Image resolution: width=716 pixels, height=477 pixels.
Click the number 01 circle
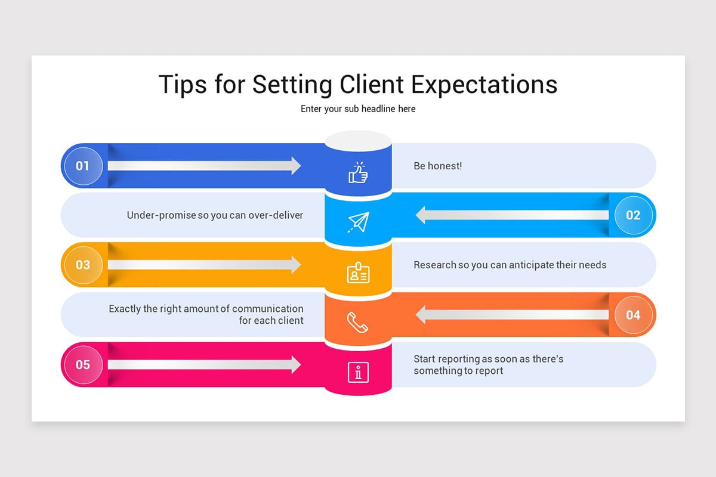(83, 166)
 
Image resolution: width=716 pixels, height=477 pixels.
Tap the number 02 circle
(633, 215)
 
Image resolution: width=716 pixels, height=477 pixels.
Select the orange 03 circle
(83, 265)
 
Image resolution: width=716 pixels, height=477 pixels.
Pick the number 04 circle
(633, 315)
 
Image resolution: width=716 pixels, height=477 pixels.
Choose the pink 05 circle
(83, 364)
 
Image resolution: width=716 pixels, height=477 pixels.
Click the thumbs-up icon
(358, 172)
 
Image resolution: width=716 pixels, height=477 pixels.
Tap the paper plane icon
(359, 222)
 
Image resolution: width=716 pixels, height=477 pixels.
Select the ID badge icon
(359, 272)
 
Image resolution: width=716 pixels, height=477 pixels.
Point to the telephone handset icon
(357, 323)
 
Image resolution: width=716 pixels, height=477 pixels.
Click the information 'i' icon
(359, 372)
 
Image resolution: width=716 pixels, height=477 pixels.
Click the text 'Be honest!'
(437, 166)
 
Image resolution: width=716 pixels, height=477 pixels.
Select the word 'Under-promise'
(162, 216)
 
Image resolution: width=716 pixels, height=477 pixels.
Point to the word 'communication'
(268, 309)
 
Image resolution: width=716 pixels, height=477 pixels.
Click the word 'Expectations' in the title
(484, 85)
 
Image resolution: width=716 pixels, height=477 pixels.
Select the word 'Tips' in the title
(183, 85)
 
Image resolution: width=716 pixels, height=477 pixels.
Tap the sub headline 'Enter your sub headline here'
(358, 109)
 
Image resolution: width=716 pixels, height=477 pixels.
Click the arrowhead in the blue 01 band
(296, 166)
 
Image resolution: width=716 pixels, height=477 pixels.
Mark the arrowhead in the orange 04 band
(421, 315)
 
